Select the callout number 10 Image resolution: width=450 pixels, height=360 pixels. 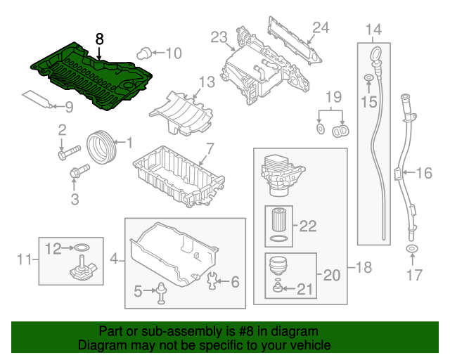173,52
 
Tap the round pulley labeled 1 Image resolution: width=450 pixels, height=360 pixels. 103,146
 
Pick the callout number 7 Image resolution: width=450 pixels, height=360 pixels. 209,149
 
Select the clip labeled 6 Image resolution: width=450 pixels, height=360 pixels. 214,282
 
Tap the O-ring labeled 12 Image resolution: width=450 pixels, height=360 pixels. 82,247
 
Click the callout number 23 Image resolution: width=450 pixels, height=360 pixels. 219,37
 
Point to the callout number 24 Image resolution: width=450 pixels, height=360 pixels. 321,27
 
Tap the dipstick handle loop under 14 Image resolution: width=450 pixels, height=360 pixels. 373,53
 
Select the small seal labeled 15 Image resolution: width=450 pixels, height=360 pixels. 368,77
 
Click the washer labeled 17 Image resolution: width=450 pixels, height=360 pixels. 411,250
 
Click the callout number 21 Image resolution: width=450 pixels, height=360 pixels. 303,288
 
